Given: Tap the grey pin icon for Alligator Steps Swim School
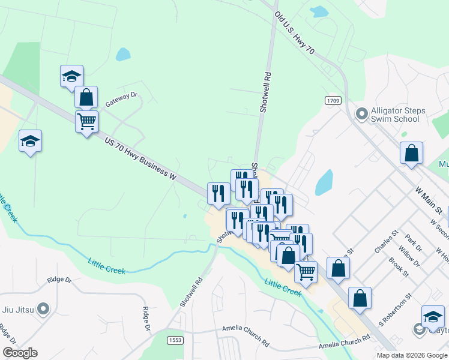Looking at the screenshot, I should click(362, 113).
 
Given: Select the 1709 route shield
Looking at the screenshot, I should click(334, 100).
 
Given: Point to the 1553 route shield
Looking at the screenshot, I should click(175, 340).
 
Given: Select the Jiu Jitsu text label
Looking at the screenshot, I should click(16, 310).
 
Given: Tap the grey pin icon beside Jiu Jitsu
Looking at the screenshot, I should click(43, 310).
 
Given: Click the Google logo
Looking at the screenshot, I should click(20, 353).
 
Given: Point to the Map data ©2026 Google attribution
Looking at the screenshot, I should click(412, 355).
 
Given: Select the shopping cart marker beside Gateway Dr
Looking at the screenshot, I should click(86, 122).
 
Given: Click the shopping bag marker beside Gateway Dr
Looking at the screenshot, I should click(86, 97).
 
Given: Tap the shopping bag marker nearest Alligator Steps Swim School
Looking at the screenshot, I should click(412, 153).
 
